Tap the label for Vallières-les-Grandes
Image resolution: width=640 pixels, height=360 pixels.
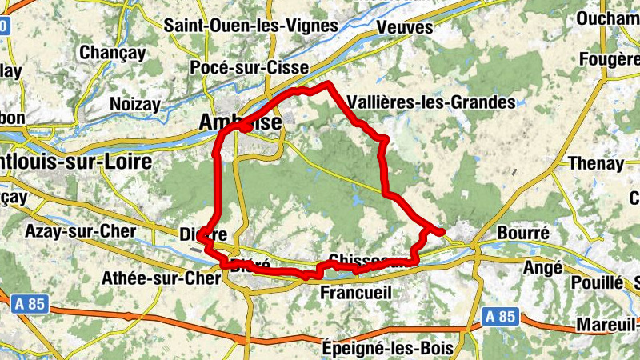click(432, 102)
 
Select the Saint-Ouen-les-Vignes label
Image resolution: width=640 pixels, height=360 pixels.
click(250, 25)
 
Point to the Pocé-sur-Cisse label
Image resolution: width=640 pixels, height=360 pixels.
click(249, 69)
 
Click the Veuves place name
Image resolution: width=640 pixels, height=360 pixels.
click(404, 27)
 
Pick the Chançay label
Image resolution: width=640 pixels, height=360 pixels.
click(113, 53)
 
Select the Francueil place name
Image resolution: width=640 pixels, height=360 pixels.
click(355, 293)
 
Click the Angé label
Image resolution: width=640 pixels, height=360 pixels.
click(543, 268)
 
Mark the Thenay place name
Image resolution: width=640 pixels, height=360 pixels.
click(595, 163)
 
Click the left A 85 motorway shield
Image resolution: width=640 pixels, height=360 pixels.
click(30, 304)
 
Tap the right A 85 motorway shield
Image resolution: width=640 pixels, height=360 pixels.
click(500, 317)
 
